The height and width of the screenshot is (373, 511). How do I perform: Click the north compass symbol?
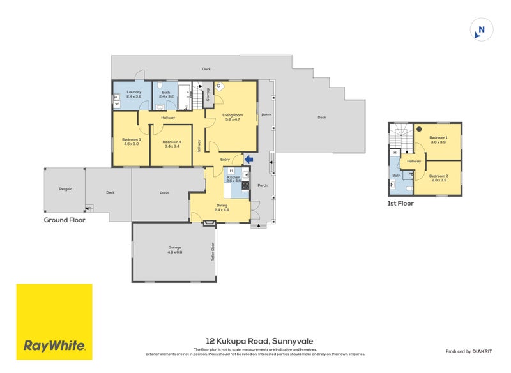coord(481,30)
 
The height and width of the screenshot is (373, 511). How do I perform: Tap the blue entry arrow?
coord(248,160)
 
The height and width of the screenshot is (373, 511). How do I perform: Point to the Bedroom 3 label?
coord(130,142)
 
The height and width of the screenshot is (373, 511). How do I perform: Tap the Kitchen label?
coord(233,178)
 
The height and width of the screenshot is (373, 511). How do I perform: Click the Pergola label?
coord(65,189)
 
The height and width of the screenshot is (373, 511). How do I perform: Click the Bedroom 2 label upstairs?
coord(438,178)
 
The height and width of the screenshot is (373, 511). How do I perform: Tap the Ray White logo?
coord(54,322)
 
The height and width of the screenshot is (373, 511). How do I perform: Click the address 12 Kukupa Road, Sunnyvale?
coord(259,341)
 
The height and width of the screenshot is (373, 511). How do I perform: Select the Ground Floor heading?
coord(64,220)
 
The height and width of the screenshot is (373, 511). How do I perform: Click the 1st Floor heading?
coord(400,204)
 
